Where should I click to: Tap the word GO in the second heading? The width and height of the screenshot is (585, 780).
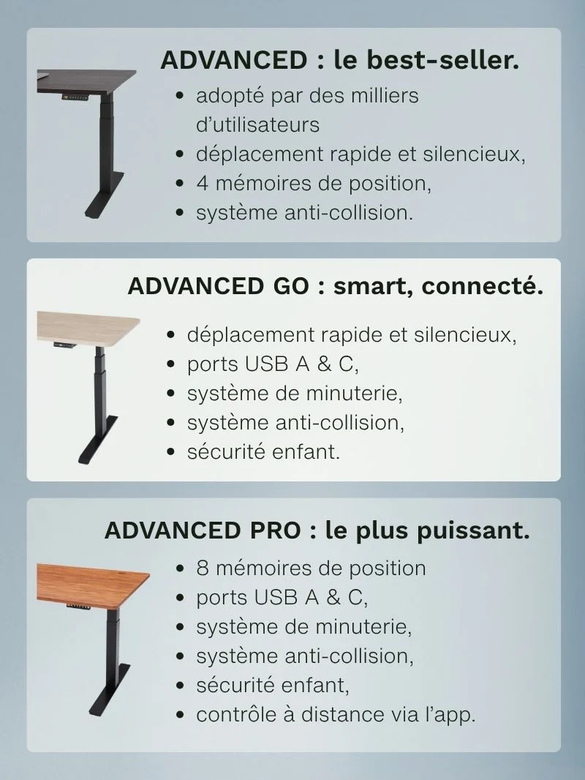pyautogui.click(x=290, y=286)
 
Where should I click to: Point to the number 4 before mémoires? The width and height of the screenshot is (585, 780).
pyautogui.click(x=202, y=183)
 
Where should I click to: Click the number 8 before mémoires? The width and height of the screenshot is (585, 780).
pyautogui.click(x=202, y=568)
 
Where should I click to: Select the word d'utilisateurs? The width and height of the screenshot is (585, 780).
pyautogui.click(x=257, y=124)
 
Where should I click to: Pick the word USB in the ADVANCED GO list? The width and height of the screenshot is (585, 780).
pyautogui.click(x=266, y=364)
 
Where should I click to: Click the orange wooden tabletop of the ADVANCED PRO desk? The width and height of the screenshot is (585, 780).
pyautogui.click(x=93, y=585)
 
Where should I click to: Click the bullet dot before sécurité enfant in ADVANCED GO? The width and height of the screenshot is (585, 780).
pyautogui.click(x=171, y=452)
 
